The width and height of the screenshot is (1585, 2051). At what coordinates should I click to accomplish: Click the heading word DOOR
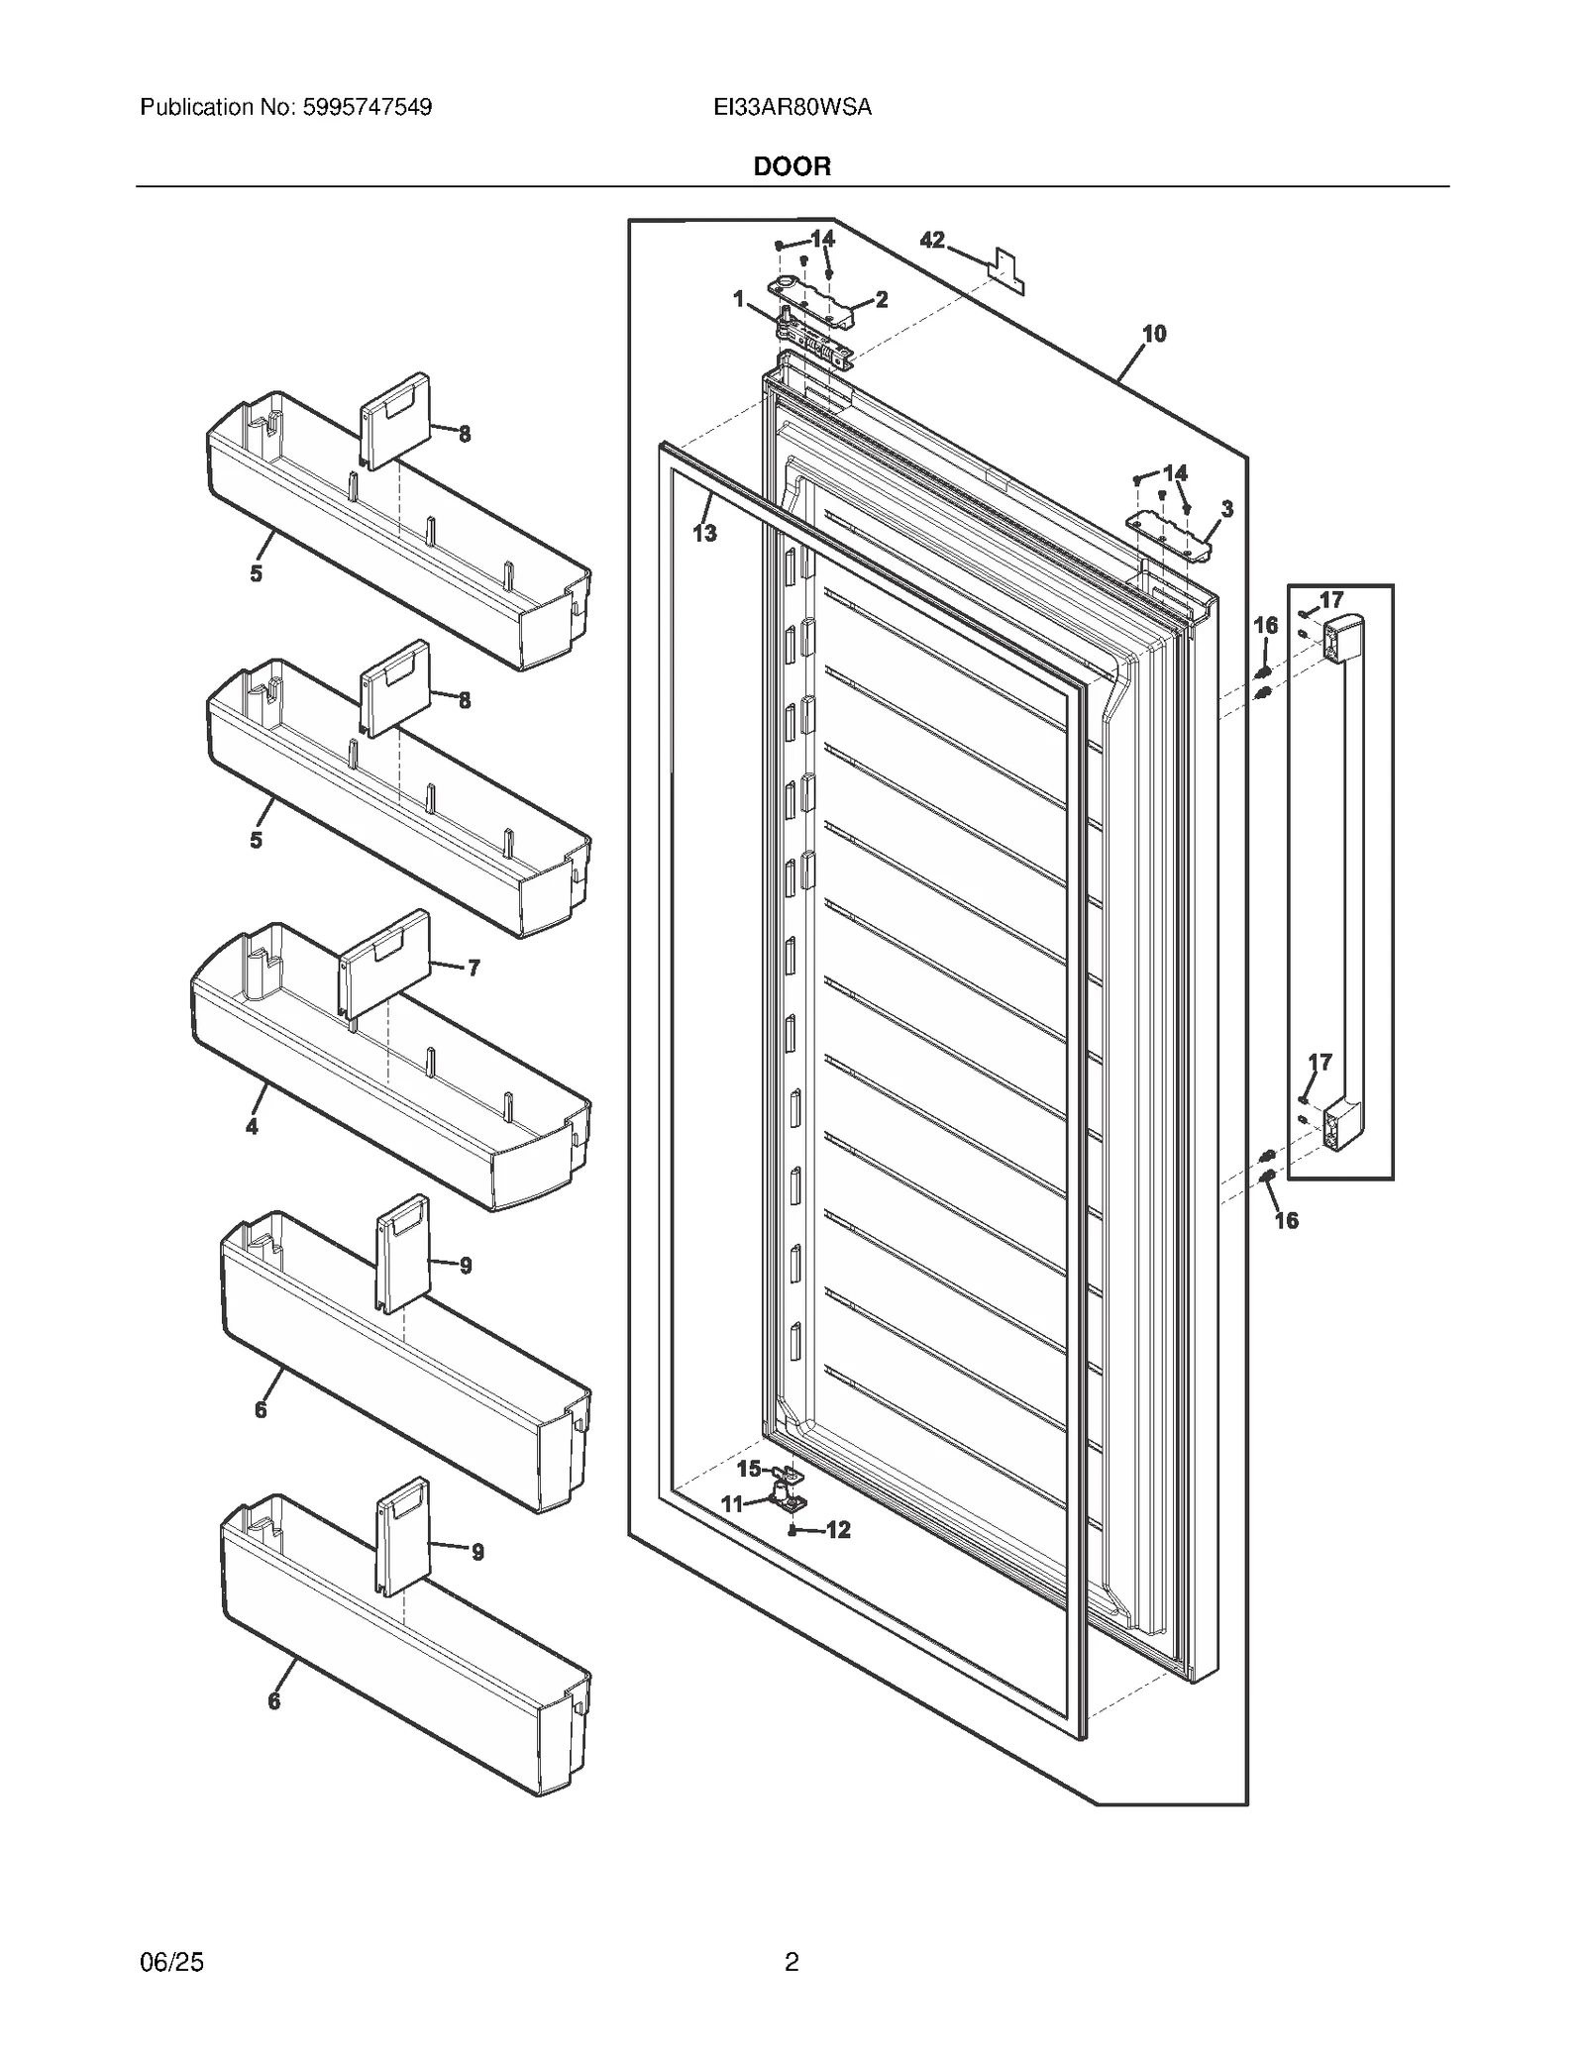[x=792, y=166]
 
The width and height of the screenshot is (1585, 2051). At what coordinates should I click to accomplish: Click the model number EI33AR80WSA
[x=792, y=107]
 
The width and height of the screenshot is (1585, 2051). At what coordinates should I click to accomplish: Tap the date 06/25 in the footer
[x=172, y=1962]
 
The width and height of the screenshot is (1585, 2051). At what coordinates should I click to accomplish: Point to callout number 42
[x=932, y=241]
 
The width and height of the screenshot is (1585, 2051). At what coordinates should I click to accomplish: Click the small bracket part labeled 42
[x=1005, y=270]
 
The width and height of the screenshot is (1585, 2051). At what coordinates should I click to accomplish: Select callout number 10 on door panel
[x=1154, y=335]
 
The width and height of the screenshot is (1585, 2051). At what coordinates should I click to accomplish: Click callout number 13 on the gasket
[x=703, y=534]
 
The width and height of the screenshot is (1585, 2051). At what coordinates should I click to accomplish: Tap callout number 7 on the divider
[x=474, y=967]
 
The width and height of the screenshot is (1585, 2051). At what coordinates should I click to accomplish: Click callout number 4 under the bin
[x=253, y=1126]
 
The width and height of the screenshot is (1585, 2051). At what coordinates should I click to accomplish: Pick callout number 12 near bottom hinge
[x=838, y=1530]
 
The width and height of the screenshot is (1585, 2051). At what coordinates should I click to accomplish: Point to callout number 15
[x=749, y=1470]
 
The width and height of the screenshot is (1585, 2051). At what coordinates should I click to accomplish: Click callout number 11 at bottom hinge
[x=731, y=1504]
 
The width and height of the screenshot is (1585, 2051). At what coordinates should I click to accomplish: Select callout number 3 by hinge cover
[x=1226, y=509]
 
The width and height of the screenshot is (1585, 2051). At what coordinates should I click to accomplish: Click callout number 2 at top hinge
[x=881, y=299]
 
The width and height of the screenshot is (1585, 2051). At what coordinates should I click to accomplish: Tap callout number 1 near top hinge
[x=738, y=298]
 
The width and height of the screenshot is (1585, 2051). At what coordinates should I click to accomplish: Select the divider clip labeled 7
[x=384, y=965]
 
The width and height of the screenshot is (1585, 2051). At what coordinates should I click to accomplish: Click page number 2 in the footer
[x=792, y=1962]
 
